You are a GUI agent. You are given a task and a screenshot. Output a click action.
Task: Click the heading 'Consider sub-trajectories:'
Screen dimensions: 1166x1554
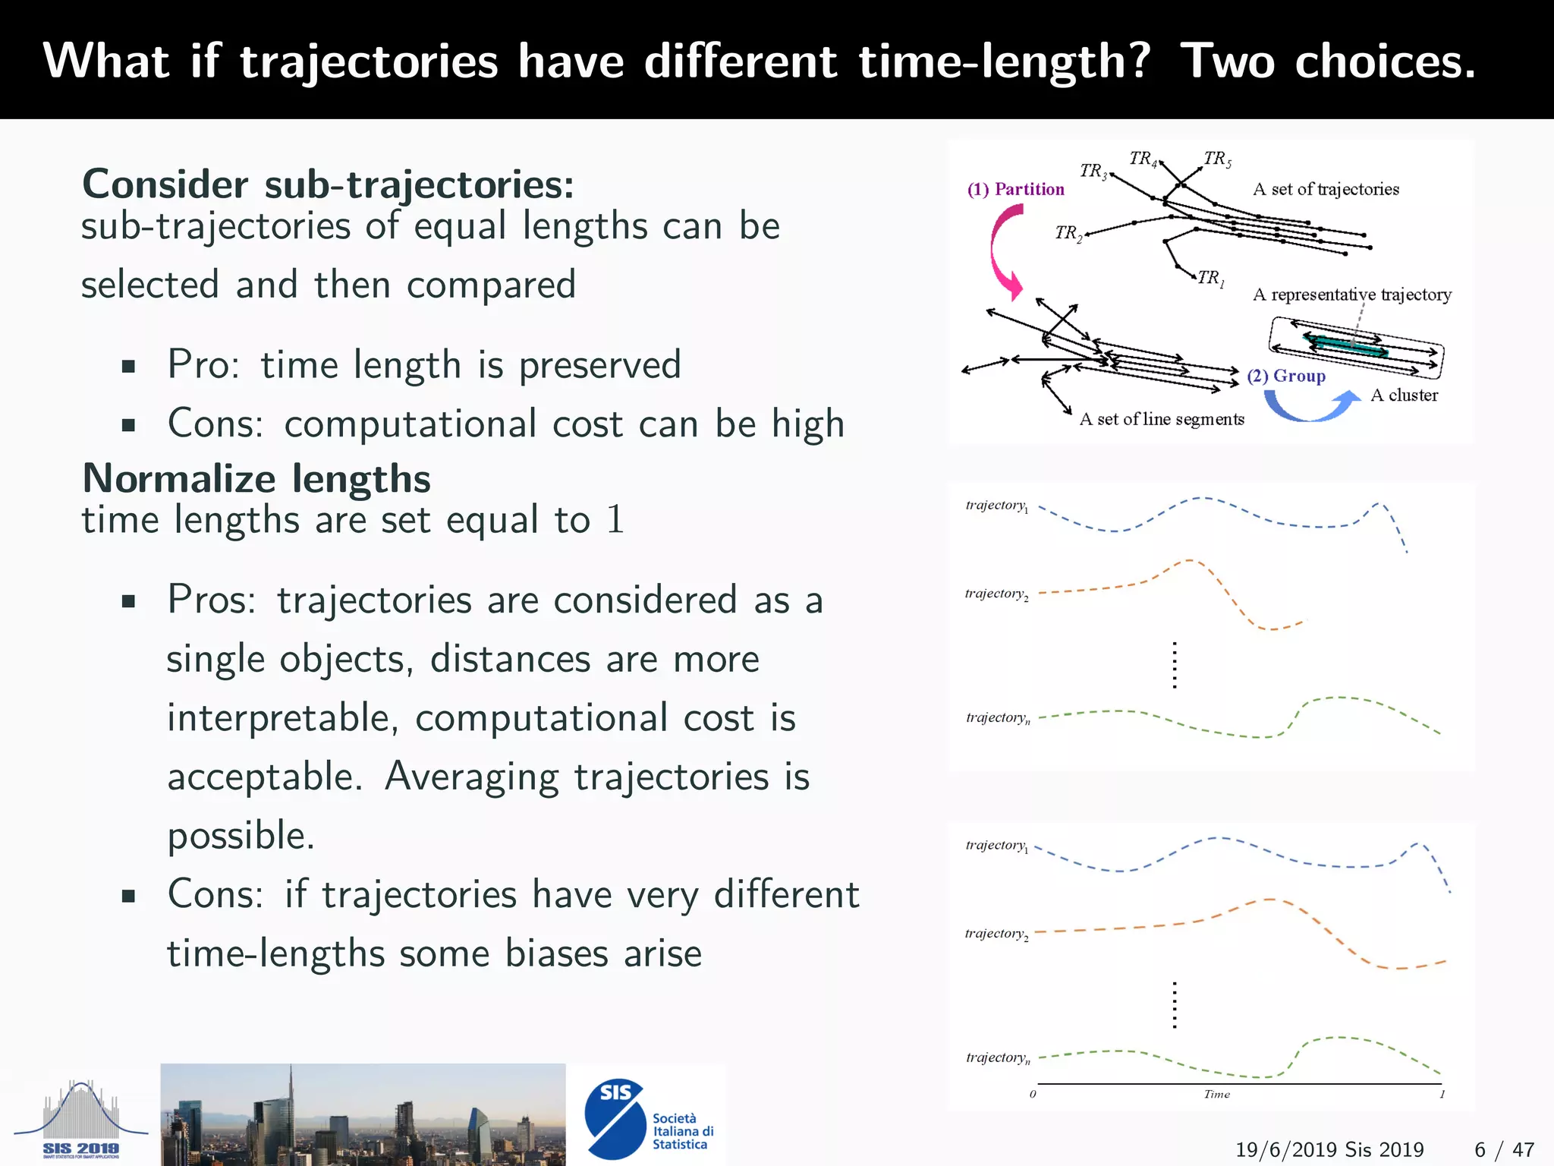pos(328,184)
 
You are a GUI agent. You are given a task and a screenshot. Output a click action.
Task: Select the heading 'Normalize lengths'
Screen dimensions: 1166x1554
pos(256,479)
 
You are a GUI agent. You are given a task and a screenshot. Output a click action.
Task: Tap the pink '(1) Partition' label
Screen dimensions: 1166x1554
pos(1015,189)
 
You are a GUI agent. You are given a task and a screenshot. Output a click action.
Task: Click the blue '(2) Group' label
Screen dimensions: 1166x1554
pos(1286,376)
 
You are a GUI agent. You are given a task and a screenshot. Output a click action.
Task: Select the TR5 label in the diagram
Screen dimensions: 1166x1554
pos(1217,159)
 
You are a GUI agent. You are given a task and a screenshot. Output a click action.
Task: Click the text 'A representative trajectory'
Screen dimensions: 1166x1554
pos(1351,295)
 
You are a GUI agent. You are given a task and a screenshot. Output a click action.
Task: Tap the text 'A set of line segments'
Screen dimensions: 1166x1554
pos(1161,419)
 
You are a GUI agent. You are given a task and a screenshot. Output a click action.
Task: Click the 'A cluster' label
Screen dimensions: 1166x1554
pos(1404,395)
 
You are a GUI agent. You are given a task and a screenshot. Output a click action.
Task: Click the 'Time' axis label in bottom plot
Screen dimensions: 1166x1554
pos(1216,1094)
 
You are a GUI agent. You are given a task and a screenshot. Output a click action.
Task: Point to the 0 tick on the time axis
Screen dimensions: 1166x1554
pos(1033,1094)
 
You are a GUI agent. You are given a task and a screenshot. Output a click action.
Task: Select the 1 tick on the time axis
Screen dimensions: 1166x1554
pos(1442,1094)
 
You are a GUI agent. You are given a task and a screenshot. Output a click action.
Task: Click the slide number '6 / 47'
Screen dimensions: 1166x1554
pos(1504,1149)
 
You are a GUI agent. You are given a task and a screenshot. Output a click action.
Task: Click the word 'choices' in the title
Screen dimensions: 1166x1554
pos(1385,61)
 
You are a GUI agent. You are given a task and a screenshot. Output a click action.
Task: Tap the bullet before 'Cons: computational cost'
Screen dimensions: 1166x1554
pos(128,425)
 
